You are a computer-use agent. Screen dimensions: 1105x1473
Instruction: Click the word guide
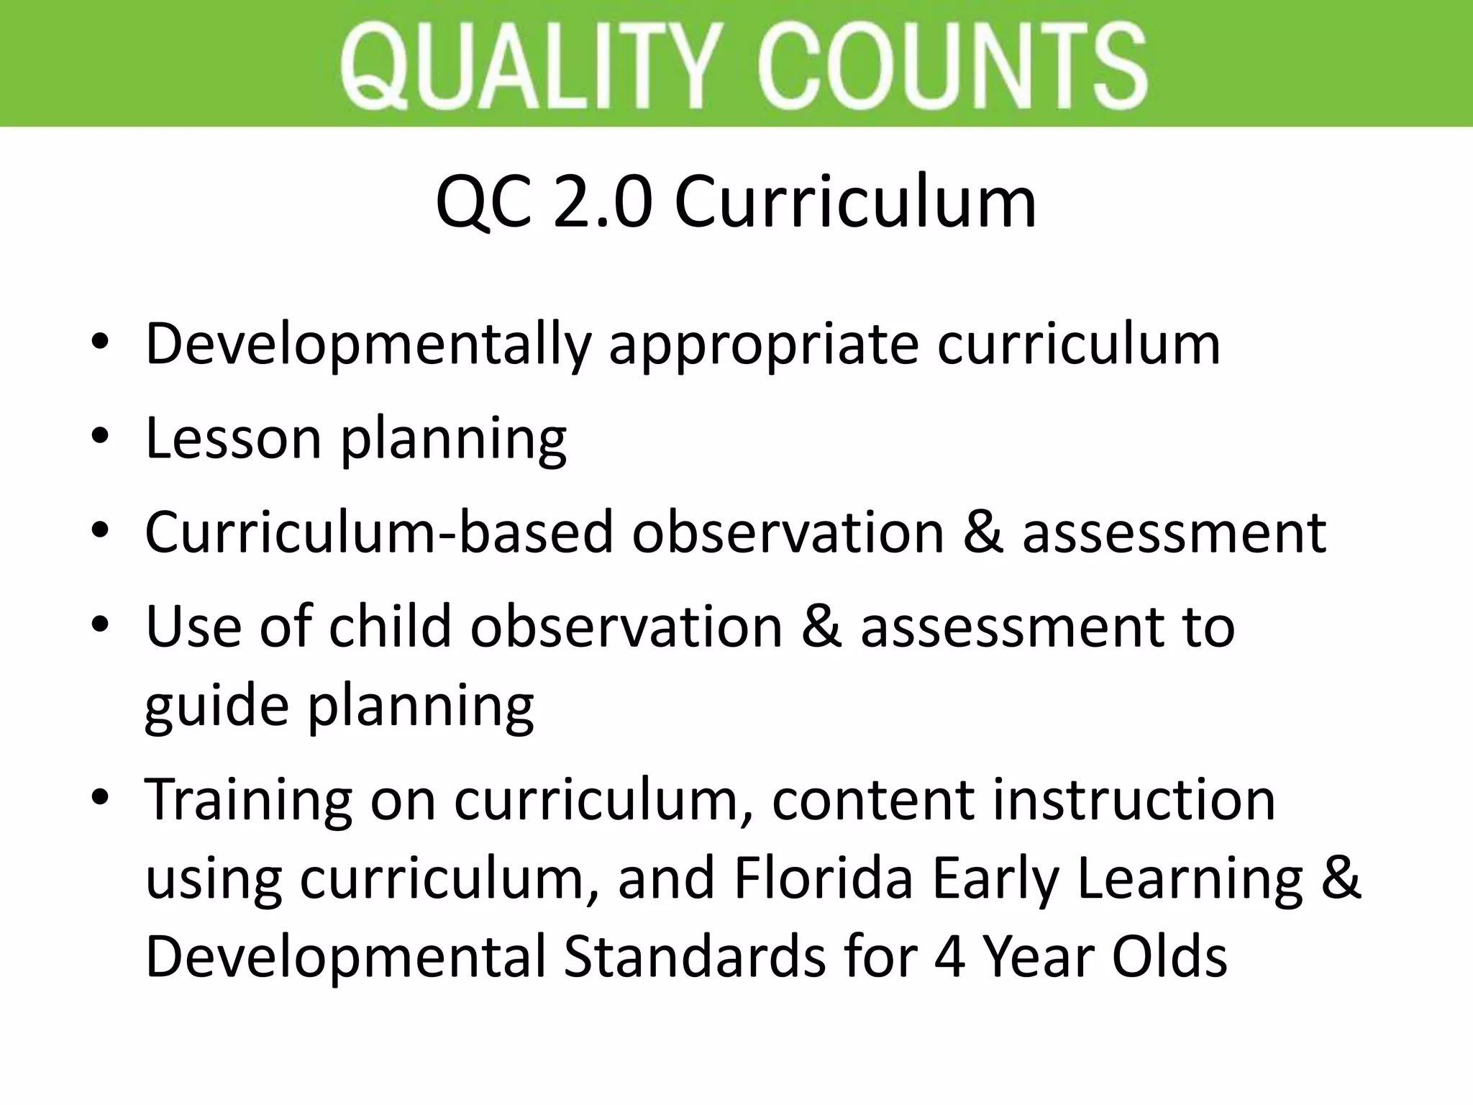click(216, 706)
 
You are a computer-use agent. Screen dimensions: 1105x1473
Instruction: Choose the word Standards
click(695, 957)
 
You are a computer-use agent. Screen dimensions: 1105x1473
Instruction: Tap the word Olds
click(1169, 957)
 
